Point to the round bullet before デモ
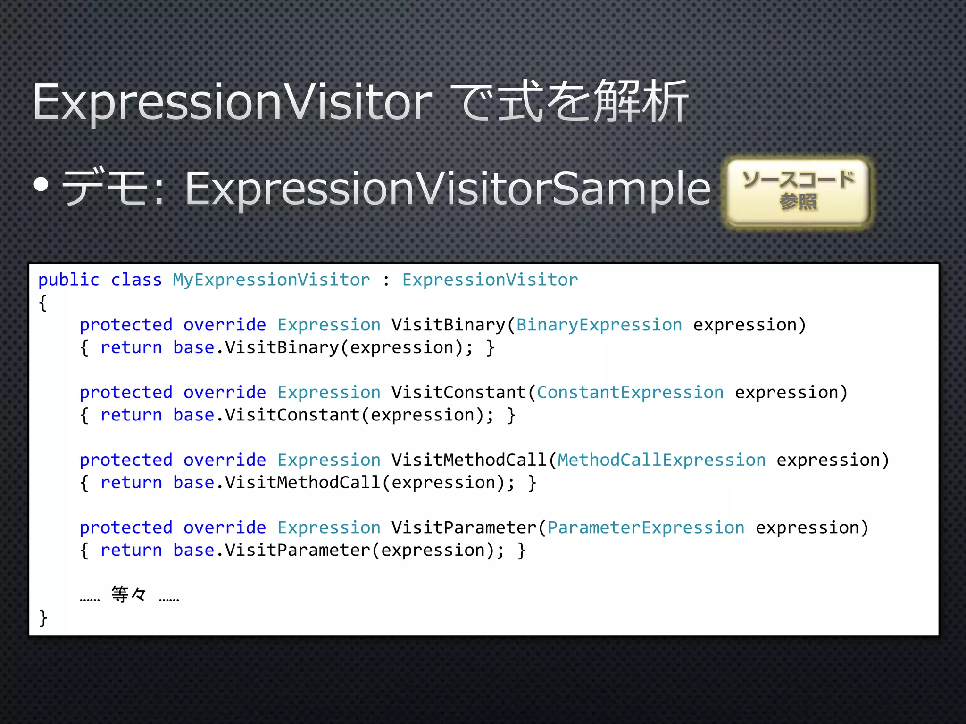[x=42, y=185]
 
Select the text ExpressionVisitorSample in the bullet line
[x=447, y=189]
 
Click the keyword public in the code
[x=69, y=280]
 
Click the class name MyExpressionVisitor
[x=271, y=280]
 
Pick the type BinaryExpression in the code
[x=599, y=325]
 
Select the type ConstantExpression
[x=630, y=392]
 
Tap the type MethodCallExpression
[x=661, y=460]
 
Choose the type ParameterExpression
[x=646, y=527]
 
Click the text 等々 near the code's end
[x=129, y=594]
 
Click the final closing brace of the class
[x=43, y=617]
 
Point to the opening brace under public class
[x=43, y=303]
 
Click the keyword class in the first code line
[x=136, y=280]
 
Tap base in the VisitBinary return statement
[x=193, y=348]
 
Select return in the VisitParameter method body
[x=131, y=550]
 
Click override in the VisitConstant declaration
[x=225, y=392]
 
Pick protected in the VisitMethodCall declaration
[x=126, y=460]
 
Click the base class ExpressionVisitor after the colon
[x=490, y=280]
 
